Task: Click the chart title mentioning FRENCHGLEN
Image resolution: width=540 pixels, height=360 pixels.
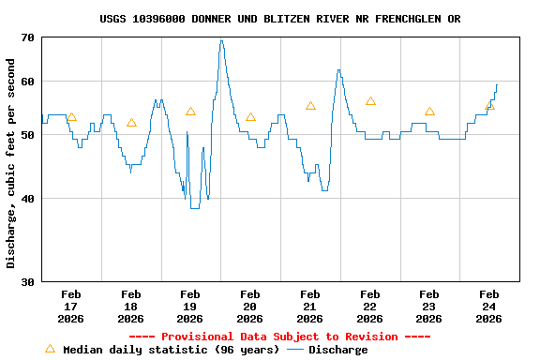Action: pyautogui.click(x=279, y=19)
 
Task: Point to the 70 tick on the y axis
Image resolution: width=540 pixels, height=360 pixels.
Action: pyautogui.click(x=25, y=37)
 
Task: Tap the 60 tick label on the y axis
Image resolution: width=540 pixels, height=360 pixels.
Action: pyautogui.click(x=25, y=82)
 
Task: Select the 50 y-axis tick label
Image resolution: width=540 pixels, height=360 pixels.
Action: pyautogui.click(x=25, y=135)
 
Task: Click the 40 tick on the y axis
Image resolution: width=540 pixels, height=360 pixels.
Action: pyautogui.click(x=25, y=199)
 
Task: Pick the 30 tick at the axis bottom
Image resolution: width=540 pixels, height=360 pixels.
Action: pyautogui.click(x=25, y=281)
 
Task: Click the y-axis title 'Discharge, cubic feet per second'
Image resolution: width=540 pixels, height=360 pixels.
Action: pyautogui.click(x=11, y=163)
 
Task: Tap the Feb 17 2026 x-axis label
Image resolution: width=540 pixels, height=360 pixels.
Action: pyautogui.click(x=71, y=307)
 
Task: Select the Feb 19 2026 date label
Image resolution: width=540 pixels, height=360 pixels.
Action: pyautogui.click(x=190, y=307)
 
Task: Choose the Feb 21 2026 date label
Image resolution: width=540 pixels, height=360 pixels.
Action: pyautogui.click(x=310, y=307)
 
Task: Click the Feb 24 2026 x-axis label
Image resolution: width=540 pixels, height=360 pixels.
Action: pyautogui.click(x=488, y=307)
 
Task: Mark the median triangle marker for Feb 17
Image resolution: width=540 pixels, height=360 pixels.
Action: pyautogui.click(x=71, y=117)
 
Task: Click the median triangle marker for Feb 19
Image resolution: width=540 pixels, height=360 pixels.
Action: pyautogui.click(x=190, y=112)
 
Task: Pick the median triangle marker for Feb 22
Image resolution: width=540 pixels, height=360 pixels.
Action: pyautogui.click(x=370, y=100)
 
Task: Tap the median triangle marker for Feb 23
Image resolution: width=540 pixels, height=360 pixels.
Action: pyautogui.click(x=429, y=112)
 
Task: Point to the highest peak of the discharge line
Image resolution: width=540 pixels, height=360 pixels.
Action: pyautogui.click(x=221, y=40)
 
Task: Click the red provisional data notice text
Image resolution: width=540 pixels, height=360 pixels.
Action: pyautogui.click(x=279, y=337)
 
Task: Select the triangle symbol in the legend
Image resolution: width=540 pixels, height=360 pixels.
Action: pyautogui.click(x=51, y=349)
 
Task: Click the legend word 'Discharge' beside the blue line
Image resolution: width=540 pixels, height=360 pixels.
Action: pyautogui.click(x=338, y=350)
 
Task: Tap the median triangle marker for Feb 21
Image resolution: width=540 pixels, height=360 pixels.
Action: pyautogui.click(x=310, y=106)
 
